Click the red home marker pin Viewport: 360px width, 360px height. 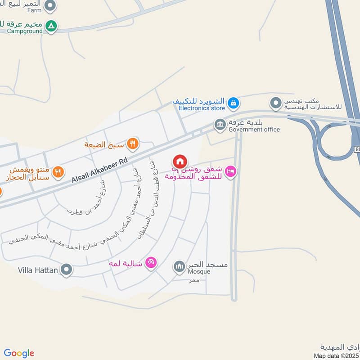pyautogui.click(x=180, y=161)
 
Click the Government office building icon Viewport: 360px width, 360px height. pyautogui.click(x=220, y=125)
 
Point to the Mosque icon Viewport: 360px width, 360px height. pyautogui.click(x=180, y=267)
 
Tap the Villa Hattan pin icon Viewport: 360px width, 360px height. pyautogui.click(x=67, y=270)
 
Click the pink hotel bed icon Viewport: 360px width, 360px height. pyautogui.click(x=230, y=171)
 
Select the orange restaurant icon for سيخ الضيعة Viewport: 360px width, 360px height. pyautogui.click(x=132, y=144)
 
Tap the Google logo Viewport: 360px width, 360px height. pyautogui.click(x=19, y=353)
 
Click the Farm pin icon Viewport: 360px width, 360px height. pyautogui.click(x=51, y=6)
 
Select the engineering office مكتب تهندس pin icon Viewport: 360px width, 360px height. pyautogui.click(x=275, y=103)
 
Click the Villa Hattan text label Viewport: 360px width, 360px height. pyautogui.click(x=38, y=270)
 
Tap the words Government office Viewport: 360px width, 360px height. pyautogui.click(x=254, y=130)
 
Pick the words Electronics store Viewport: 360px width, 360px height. pyautogui.click(x=202, y=108)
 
